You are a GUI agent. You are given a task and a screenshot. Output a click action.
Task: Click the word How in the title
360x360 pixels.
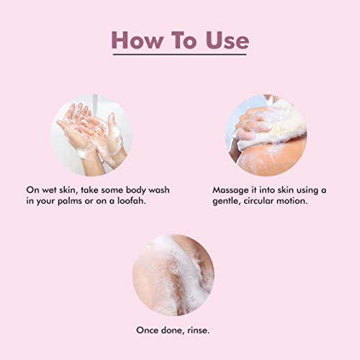point(137,40)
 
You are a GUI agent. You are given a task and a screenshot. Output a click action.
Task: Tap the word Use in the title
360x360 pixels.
point(227,40)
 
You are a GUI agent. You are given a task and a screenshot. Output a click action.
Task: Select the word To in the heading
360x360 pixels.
point(184,40)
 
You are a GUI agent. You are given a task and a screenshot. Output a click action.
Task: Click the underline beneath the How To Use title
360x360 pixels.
point(180,55)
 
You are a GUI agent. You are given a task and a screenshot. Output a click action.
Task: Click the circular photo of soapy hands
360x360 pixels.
point(91,135)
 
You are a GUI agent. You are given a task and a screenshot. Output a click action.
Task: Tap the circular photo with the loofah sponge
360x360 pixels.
point(266,135)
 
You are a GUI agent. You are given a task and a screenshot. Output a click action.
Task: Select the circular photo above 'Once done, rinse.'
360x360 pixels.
point(174,275)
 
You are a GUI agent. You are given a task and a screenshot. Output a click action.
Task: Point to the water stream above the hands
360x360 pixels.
point(95,105)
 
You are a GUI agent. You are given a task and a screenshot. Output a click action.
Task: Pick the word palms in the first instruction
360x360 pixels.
point(70,202)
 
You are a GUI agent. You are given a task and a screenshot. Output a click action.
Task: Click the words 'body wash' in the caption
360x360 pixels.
point(148,190)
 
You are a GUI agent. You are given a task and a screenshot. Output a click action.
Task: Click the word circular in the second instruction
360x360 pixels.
point(258,201)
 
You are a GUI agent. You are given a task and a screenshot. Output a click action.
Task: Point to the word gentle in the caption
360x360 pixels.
point(227,201)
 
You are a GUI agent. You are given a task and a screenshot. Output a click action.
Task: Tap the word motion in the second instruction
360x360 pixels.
point(292,201)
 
